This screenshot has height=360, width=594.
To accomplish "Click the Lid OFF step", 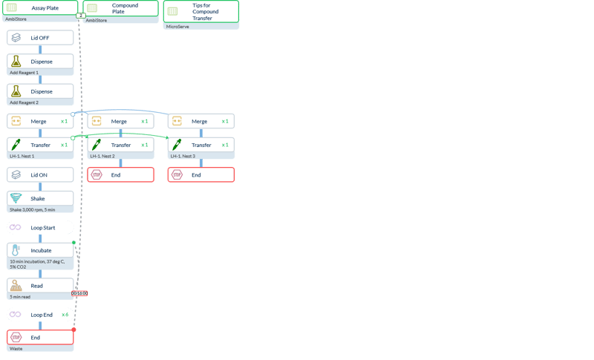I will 40,37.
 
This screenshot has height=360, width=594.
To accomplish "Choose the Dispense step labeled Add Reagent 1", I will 40,61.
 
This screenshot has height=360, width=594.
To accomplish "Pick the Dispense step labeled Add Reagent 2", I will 40,91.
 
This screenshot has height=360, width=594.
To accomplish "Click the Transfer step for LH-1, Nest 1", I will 40,145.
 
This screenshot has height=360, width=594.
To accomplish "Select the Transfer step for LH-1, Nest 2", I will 120,145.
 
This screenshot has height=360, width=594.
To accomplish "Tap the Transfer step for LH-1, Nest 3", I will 200,145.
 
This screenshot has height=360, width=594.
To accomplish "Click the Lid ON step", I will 40,174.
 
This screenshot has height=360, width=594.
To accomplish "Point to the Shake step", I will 40,198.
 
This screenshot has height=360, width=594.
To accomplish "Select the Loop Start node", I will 40,227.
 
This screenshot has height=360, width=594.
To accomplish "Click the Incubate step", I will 40,250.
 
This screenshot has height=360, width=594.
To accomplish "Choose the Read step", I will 40,285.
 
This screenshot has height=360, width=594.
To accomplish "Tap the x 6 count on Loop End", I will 65,315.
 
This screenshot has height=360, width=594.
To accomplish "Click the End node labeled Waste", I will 40,337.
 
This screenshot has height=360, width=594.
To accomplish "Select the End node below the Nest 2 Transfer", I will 120,174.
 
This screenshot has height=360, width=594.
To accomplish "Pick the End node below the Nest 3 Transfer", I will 200,174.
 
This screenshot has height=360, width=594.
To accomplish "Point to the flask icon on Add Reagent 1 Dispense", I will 16,61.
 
